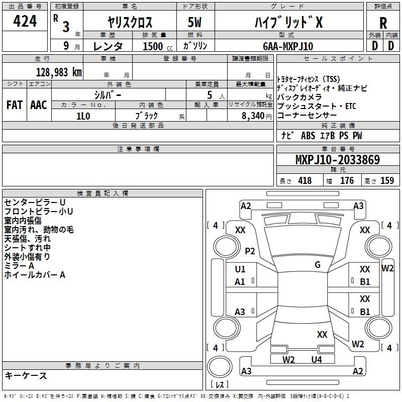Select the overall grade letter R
(383, 23)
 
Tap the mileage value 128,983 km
(59, 72)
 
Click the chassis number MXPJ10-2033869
(337, 160)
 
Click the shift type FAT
(14, 105)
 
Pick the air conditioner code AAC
(39, 105)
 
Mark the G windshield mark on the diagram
(318, 264)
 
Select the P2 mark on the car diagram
(250, 251)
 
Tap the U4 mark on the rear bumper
(316, 359)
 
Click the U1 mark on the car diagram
(240, 269)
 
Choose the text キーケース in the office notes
(26, 376)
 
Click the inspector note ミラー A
(19, 266)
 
